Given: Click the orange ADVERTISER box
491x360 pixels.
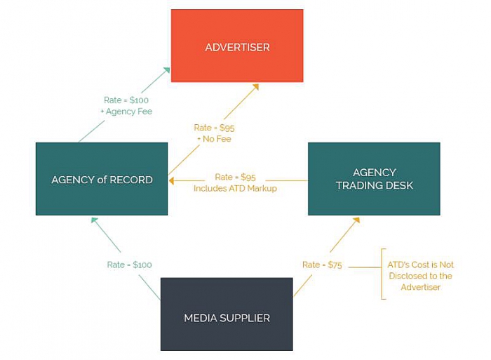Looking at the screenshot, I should point(237,46).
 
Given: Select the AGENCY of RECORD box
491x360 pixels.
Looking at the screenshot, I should point(102,179).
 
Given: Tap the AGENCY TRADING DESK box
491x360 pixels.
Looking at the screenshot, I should point(374,179).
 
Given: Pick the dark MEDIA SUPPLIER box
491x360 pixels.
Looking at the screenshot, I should point(227,314).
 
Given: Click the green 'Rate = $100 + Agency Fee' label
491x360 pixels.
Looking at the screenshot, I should point(126,105).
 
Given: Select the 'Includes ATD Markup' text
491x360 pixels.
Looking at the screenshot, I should point(236,188).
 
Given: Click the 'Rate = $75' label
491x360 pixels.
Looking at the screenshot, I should point(322,265).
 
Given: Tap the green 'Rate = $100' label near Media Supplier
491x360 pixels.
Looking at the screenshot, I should point(129,265).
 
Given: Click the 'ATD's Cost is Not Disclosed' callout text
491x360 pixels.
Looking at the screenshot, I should point(420,275).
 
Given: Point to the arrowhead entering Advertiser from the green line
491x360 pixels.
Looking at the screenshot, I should point(166,70).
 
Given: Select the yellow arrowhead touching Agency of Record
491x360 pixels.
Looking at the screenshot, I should point(172,180).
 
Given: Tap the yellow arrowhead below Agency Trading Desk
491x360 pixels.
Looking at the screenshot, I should point(356,220).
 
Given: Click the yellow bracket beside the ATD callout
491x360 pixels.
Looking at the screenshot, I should point(382,274).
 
